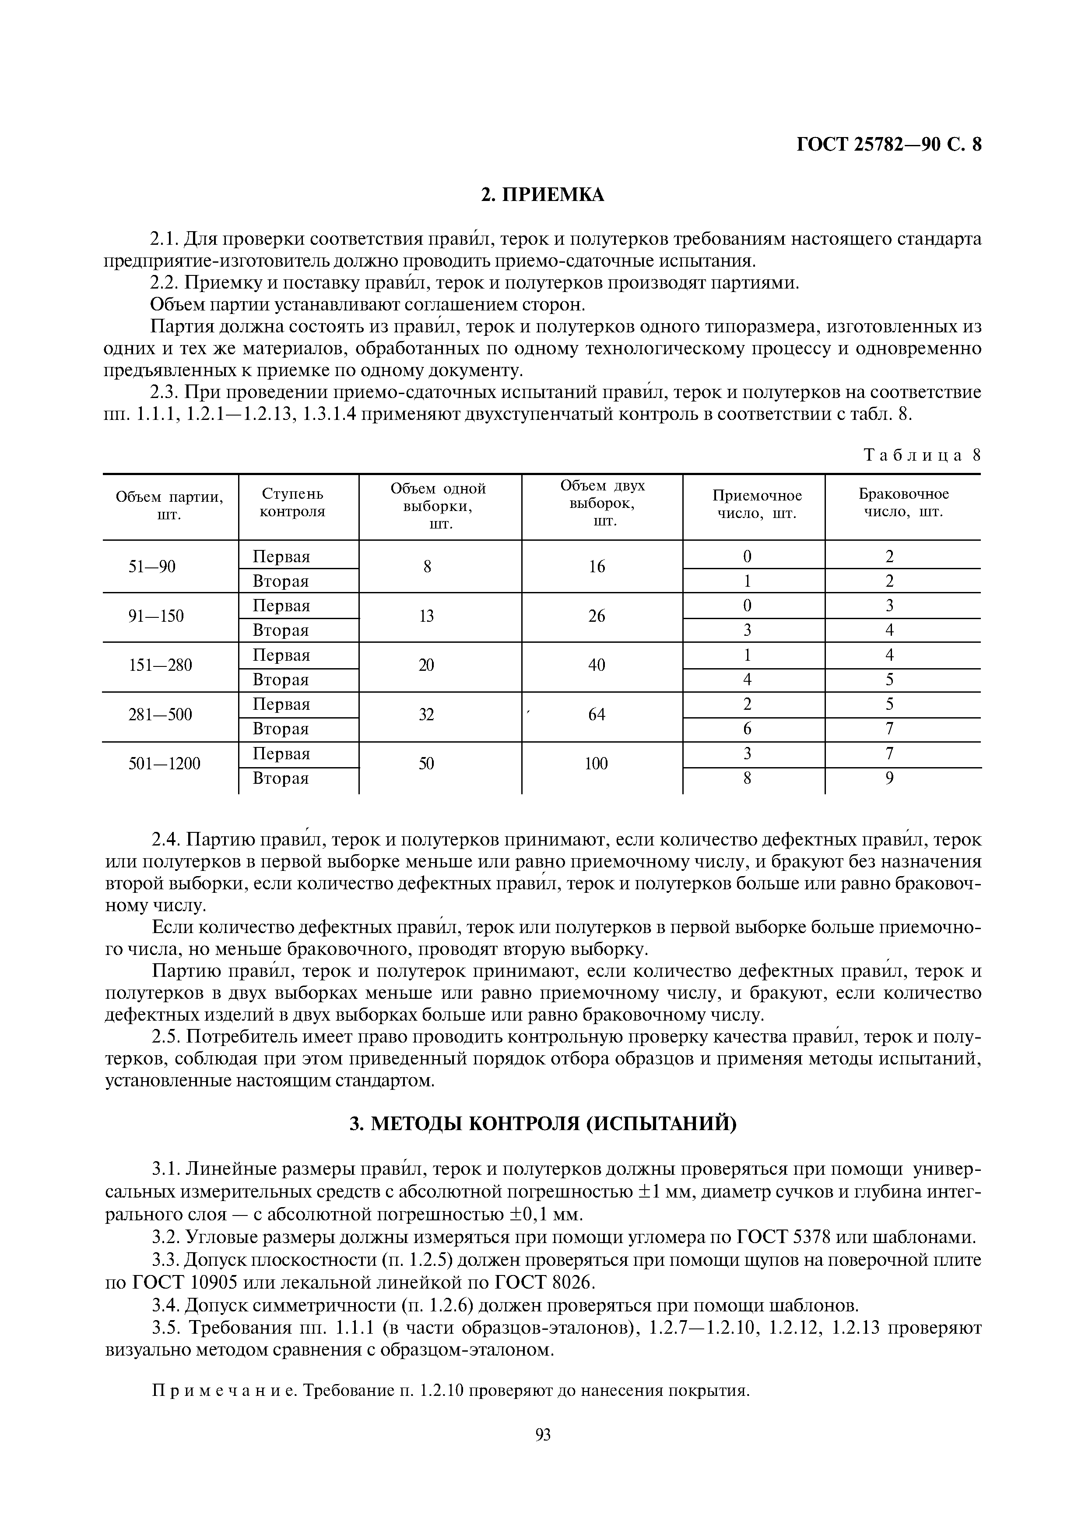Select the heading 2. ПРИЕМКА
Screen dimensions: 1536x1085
[x=542, y=195]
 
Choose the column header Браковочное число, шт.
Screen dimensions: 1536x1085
[x=903, y=503]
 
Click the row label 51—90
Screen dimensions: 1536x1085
[x=152, y=567]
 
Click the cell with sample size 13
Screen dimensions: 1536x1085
[x=426, y=616]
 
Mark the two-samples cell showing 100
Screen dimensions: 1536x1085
[x=596, y=763]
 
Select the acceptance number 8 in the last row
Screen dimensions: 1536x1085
[x=748, y=779]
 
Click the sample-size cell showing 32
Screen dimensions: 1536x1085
[x=426, y=715]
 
